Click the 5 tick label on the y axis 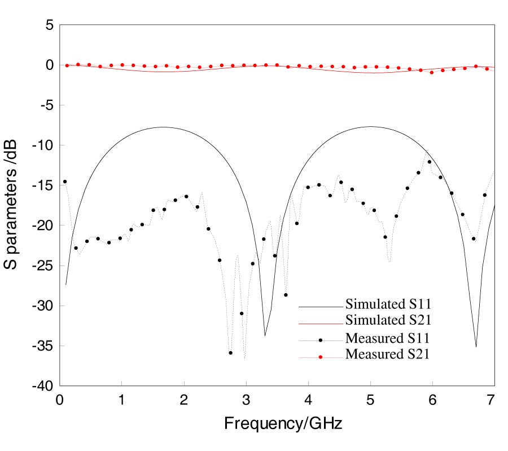coord(49,25)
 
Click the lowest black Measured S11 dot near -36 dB coord(230,353)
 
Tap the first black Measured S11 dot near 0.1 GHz coord(65,182)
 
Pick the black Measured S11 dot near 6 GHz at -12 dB coord(430,162)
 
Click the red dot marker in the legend coord(321,357)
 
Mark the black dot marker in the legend coord(321,340)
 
